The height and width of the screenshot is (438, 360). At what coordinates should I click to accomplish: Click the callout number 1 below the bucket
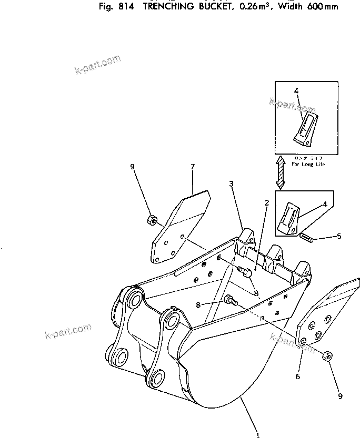pos(258,434)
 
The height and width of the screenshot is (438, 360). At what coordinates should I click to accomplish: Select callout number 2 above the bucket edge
pos(267,203)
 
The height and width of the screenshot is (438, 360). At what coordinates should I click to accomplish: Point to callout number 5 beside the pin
pos(339,236)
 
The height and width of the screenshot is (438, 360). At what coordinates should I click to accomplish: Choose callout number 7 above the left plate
pos(193,167)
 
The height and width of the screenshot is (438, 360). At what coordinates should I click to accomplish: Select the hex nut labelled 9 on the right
pos(326,356)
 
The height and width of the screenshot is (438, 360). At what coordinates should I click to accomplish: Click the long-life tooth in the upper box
pos(305,128)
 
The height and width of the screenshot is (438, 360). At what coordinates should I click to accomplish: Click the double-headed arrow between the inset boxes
pos(281,172)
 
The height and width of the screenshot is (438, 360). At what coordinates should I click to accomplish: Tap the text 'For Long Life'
pos(308,165)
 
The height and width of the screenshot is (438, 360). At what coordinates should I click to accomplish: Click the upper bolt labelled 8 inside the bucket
pos(245,272)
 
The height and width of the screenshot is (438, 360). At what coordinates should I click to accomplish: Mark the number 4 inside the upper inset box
pos(296,91)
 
